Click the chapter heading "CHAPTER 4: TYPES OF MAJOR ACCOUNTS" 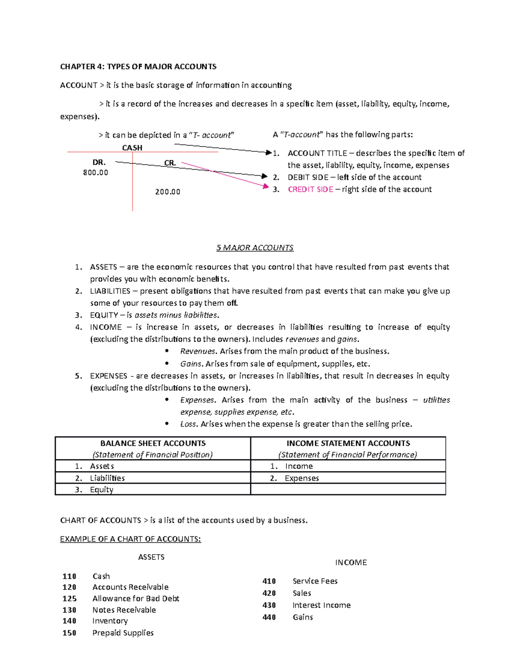click(138, 66)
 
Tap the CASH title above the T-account click(132, 148)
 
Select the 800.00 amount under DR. click(95, 173)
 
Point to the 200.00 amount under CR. click(167, 192)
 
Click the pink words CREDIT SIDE click(310, 189)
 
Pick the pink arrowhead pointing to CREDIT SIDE click(266, 186)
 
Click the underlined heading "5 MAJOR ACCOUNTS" click(255, 248)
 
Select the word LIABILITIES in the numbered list click(110, 291)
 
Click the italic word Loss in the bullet click(188, 424)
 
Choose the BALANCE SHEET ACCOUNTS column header click(153, 443)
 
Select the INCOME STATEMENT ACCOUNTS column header click(348, 443)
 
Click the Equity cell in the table click(101, 489)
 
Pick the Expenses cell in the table click(301, 478)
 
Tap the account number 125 click(69, 598)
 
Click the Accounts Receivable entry click(130, 587)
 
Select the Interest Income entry click(322, 605)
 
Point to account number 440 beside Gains click(269, 617)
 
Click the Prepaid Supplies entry click(123, 633)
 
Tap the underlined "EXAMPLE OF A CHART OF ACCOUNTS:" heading click(130, 539)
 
